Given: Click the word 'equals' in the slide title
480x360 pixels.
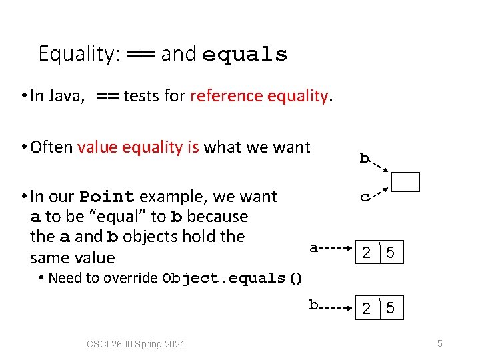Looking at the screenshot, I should click(245, 54).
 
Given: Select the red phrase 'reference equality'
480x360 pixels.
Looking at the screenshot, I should click(259, 96).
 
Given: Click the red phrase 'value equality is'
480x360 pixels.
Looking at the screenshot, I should click(138, 147).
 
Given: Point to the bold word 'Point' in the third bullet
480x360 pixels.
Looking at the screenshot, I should click(107, 197).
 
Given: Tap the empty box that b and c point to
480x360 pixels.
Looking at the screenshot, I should click(406, 182).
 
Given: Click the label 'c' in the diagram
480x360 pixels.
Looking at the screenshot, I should click(365, 197).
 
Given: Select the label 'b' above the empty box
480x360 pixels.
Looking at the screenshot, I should click(364, 158).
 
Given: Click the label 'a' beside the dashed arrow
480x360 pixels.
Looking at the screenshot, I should click(313, 248).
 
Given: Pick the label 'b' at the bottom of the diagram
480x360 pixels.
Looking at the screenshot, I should click(313, 305).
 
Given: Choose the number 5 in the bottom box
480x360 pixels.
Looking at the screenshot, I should click(391, 309).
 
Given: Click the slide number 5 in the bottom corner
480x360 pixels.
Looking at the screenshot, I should click(440, 343).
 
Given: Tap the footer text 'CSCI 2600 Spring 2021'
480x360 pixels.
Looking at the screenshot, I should click(136, 344).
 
